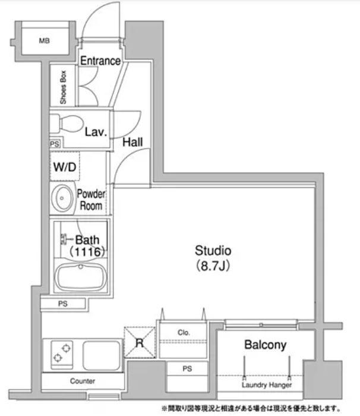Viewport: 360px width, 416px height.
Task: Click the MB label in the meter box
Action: pyautogui.click(x=45, y=40)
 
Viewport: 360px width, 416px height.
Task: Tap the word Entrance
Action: pyautogui.click(x=100, y=61)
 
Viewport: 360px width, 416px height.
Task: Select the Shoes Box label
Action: pyautogui.click(x=63, y=87)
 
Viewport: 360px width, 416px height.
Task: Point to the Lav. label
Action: pyautogui.click(x=96, y=132)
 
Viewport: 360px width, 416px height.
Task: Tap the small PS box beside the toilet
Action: pyautogui.click(x=55, y=144)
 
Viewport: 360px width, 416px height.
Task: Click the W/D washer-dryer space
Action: pyautogui.click(x=65, y=166)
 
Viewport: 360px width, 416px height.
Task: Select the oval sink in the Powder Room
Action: pyautogui.click(x=62, y=198)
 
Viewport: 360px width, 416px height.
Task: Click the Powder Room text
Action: pyautogui.click(x=91, y=200)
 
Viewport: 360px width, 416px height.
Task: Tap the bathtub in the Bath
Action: pyautogui.click(x=81, y=277)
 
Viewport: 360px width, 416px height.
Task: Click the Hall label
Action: pyautogui.click(x=132, y=142)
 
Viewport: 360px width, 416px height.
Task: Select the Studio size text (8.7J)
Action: pyautogui.click(x=213, y=266)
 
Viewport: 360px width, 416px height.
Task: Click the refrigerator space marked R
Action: pyautogui.click(x=140, y=342)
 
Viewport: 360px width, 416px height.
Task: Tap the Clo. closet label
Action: pyautogui.click(x=184, y=332)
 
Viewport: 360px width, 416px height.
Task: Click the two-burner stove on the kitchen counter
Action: pyautogui.click(x=62, y=354)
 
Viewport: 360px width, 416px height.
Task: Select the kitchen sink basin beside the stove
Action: pyautogui.click(x=102, y=355)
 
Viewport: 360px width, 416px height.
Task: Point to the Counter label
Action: pyautogui.click(x=83, y=381)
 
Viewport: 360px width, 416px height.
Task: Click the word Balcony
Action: pyautogui.click(x=266, y=345)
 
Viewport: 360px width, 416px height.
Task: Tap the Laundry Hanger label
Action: pyautogui.click(x=267, y=385)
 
